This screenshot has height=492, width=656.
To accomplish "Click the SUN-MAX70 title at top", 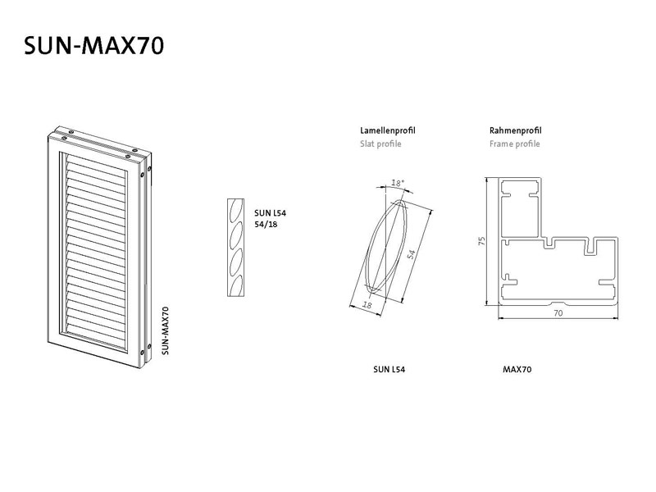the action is coord(94,46).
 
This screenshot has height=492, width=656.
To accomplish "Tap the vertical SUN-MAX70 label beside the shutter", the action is coord(166,330).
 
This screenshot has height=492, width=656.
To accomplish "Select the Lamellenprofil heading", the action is coord(388,130).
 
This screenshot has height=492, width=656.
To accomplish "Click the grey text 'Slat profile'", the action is coord(380,144).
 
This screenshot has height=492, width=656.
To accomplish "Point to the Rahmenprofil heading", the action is coord(516,130).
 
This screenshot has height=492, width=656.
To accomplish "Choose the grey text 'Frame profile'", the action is coord(515,144).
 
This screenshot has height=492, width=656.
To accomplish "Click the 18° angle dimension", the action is coord(398,183).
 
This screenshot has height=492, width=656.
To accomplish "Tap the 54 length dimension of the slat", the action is coord(412,254).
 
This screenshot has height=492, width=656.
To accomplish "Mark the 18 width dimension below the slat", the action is coord(367,305).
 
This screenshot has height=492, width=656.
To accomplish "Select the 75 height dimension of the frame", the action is coord(482,241).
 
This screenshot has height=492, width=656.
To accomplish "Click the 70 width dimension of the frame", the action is coord(558,313).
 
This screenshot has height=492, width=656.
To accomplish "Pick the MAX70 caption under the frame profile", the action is coord(517,370).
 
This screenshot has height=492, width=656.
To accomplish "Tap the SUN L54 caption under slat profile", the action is coord(389,370).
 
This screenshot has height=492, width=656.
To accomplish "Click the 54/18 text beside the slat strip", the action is coord(266,224).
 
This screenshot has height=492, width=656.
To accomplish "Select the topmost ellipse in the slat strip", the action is coord(236,209).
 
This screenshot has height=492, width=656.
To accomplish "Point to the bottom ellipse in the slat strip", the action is coord(237,285).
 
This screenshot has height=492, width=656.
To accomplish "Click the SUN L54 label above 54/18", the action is coord(271,213).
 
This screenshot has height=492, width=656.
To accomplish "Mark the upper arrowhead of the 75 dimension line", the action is coord(487,180).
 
